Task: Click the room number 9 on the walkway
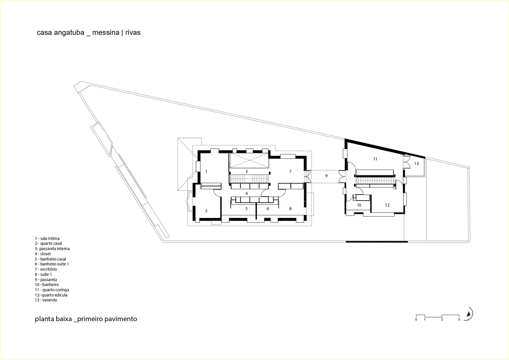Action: pos(326,176)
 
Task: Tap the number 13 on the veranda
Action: pos(416,164)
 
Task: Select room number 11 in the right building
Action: pos(375,159)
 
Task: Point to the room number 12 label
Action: pos(387,205)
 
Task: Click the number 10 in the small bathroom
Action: pos(359,205)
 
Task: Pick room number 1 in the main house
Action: pos(206,172)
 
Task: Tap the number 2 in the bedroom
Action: pos(206,211)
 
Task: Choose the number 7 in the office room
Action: pos(290,172)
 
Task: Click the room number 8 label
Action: pos(290,209)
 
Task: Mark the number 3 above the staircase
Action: pos(246,172)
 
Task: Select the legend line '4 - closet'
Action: pos(43,254)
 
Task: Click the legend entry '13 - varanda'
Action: pos(46,300)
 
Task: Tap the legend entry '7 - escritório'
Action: pos(46,269)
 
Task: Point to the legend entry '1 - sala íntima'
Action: pos(47,238)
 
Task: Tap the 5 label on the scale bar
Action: pos(459,319)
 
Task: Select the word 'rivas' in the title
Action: pos(133,33)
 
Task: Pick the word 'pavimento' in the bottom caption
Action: pos(121,319)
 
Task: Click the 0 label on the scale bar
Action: pos(416,319)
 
